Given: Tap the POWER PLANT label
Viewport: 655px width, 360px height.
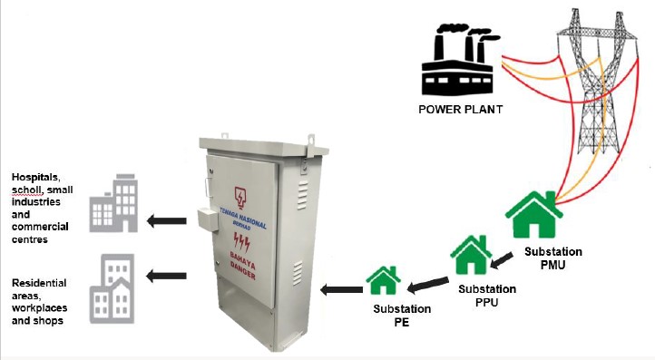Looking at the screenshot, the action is (x=460, y=110).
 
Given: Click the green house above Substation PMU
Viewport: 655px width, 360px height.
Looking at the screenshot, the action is (x=534, y=215).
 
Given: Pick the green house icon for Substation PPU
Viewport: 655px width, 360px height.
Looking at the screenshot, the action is (x=471, y=255).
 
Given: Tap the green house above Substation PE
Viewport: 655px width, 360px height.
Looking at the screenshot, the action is (x=383, y=280).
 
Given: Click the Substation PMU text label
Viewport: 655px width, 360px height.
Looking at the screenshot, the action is (x=553, y=258).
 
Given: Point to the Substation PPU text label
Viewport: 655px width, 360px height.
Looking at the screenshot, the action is (x=487, y=296).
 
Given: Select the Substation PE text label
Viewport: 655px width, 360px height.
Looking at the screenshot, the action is (x=402, y=316).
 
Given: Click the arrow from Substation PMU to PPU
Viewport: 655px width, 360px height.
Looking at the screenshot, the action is (x=502, y=259).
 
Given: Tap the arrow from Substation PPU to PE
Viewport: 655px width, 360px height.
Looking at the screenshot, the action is (x=427, y=285).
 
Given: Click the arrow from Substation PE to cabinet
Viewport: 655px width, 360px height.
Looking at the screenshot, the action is (x=341, y=289).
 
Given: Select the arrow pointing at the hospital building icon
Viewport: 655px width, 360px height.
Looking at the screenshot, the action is (x=167, y=221).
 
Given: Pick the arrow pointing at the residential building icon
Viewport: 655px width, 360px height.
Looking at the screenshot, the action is (x=166, y=276).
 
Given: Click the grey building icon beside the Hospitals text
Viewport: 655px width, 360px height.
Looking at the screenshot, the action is (x=113, y=203).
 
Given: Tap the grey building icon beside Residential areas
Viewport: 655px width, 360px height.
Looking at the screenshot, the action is (x=112, y=288).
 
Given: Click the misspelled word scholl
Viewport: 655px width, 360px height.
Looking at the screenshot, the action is (x=26, y=190).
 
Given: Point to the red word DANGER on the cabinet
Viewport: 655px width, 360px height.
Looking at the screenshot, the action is (x=243, y=271).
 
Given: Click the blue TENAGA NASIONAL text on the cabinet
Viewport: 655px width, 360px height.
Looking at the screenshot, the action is (x=243, y=217).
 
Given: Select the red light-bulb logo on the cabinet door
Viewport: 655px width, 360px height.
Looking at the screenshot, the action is (x=240, y=198).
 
